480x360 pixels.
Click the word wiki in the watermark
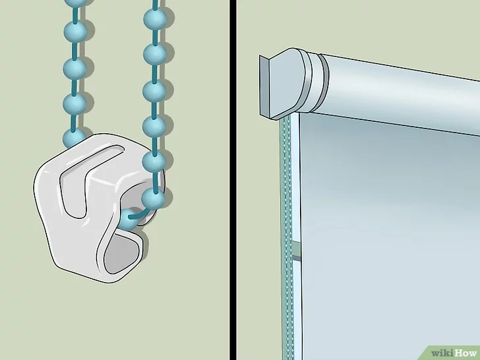(442, 353)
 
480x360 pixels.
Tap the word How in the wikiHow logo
(465, 353)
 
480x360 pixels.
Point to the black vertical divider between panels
(233, 180)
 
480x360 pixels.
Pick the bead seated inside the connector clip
(129, 219)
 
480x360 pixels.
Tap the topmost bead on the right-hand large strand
(155, 19)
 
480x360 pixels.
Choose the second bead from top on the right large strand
(155, 55)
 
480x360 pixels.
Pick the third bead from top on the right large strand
(154, 91)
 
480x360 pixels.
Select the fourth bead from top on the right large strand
(154, 127)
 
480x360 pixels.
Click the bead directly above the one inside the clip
(154, 198)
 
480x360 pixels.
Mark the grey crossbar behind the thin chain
(296, 250)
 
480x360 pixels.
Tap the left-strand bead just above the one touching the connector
(75, 104)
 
